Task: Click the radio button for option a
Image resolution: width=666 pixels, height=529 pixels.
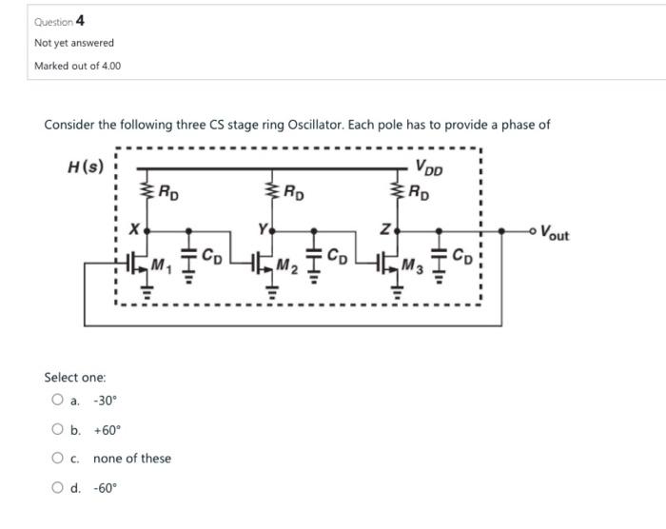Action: (x=59, y=401)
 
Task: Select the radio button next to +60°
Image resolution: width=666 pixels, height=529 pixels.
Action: (x=59, y=430)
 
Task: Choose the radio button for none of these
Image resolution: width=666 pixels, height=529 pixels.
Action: (x=59, y=459)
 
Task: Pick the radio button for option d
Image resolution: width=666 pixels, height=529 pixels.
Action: (x=59, y=489)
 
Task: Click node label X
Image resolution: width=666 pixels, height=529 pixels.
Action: (x=134, y=230)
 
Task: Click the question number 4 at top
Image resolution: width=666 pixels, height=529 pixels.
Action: (x=80, y=20)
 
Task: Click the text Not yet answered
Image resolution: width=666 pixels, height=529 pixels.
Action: (x=73, y=43)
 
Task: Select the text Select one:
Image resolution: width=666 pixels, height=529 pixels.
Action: (x=75, y=378)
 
